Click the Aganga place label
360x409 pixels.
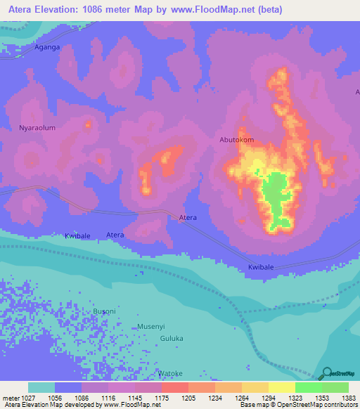[47, 47]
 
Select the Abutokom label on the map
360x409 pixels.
[237, 140]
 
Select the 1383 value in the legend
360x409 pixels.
[349, 398]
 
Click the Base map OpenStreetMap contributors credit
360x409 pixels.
[298, 405]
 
